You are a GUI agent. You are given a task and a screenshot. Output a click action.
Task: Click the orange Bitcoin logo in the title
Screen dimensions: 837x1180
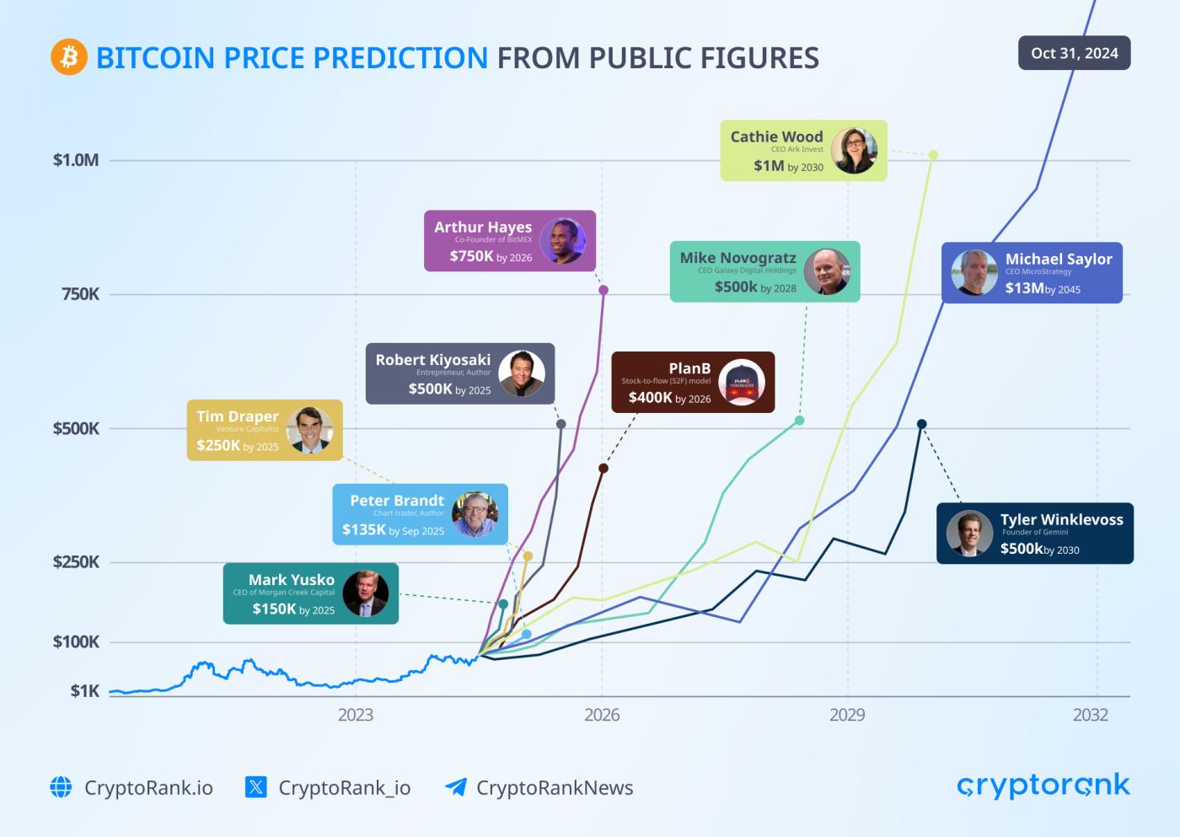click(69, 57)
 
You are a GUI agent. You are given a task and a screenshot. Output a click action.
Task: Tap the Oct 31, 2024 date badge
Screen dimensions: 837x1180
click(1074, 53)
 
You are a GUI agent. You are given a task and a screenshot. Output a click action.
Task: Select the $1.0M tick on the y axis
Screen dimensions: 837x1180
click(76, 160)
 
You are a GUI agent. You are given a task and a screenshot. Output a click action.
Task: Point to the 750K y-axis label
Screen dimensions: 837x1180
click(80, 294)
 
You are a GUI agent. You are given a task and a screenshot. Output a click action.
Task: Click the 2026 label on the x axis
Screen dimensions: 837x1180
click(601, 715)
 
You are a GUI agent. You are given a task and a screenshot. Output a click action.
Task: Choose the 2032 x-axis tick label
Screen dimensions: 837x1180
click(1090, 715)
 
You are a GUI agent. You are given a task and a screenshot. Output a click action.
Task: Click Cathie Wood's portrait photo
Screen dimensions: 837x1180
click(854, 151)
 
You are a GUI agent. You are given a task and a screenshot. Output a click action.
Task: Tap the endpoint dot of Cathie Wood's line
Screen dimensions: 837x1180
click(933, 155)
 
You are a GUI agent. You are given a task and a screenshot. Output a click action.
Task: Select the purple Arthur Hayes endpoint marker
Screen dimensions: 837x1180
click(603, 290)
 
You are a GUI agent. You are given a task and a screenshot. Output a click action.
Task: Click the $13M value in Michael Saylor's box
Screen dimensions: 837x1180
click(1024, 288)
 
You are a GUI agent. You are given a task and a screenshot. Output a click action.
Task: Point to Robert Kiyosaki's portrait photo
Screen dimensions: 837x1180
click(522, 373)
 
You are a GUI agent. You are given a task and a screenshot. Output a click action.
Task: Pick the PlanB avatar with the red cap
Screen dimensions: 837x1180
click(741, 383)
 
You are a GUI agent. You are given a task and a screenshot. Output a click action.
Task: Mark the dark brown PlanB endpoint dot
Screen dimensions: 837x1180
click(603, 468)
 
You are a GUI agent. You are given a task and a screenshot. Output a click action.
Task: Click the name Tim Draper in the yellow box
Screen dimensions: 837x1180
click(237, 416)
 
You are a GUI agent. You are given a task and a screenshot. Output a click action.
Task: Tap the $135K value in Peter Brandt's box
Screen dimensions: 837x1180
click(363, 530)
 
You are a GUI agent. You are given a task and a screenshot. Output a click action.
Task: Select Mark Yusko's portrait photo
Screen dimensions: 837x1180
click(366, 593)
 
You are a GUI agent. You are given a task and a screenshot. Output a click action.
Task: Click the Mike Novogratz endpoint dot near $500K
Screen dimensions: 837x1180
click(799, 420)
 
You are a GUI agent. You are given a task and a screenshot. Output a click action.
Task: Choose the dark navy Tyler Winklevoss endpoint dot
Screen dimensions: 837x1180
click(921, 424)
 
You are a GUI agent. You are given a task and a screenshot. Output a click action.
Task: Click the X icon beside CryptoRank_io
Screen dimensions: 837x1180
click(255, 787)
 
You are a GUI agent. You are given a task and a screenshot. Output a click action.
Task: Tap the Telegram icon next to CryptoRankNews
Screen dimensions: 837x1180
click(455, 787)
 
